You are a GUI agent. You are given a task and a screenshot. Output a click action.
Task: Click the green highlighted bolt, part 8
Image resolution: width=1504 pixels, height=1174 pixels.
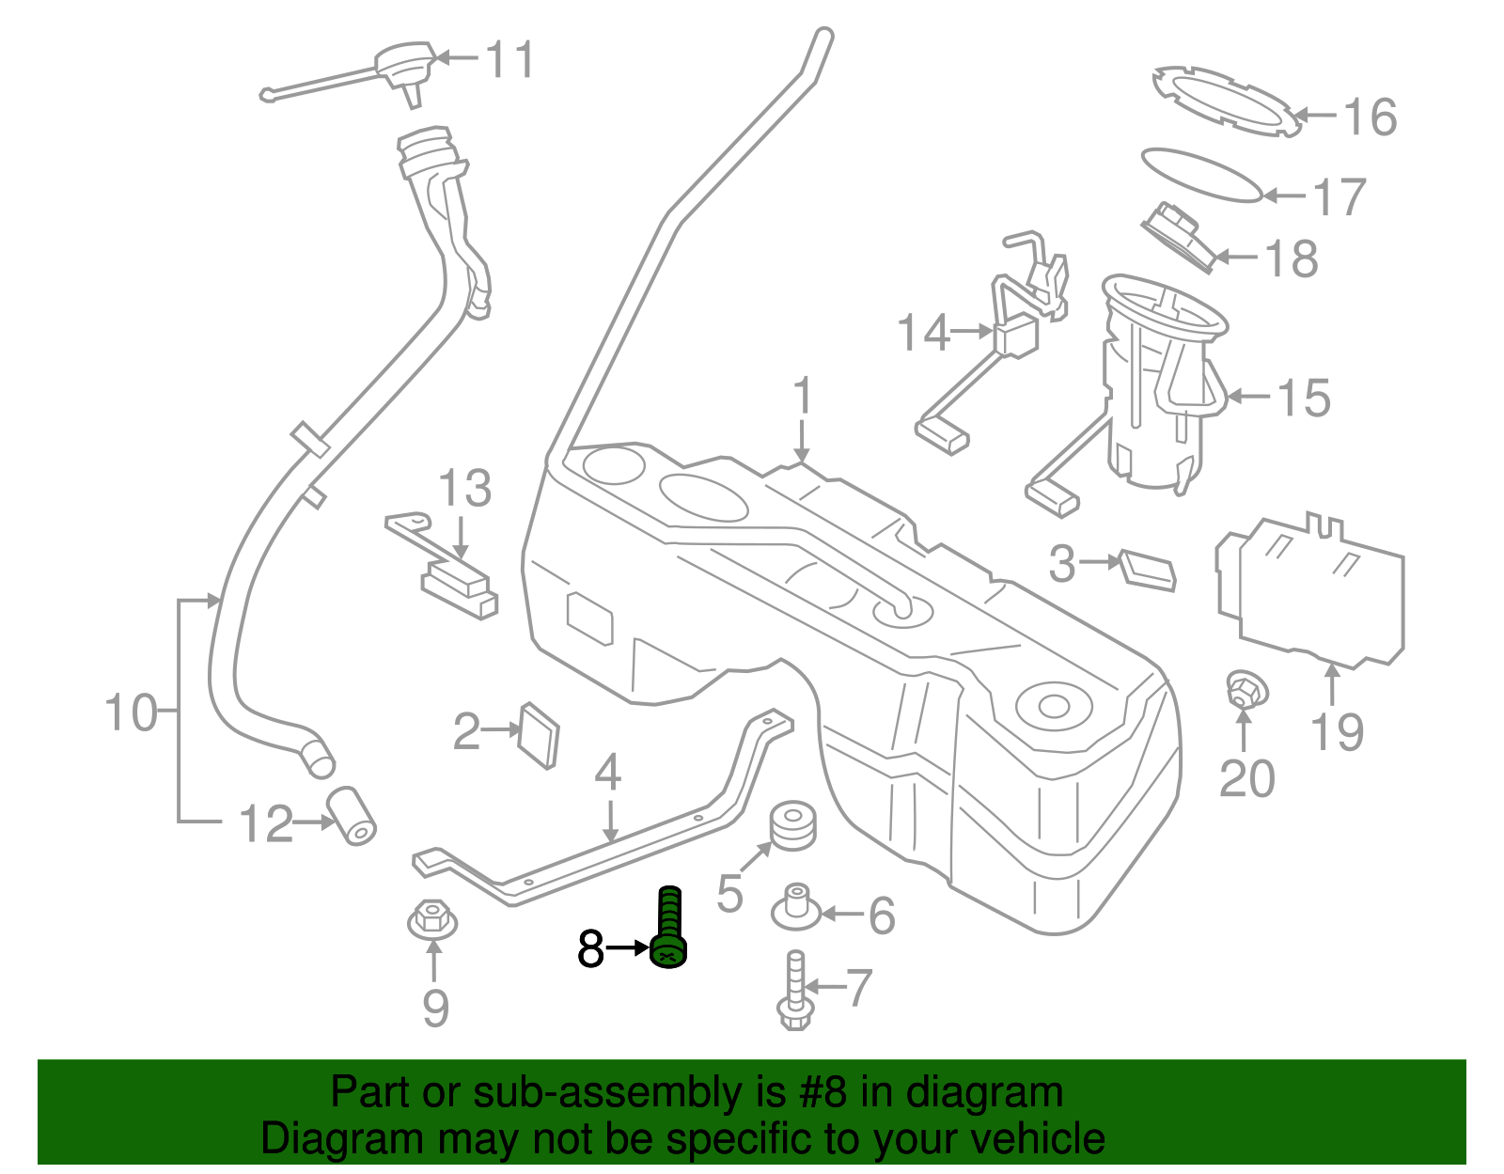point(668,931)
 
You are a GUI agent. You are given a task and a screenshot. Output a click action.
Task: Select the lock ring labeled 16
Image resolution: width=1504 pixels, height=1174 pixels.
point(1227,100)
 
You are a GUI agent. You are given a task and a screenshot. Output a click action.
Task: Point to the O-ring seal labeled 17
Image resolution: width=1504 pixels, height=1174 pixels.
point(1200,174)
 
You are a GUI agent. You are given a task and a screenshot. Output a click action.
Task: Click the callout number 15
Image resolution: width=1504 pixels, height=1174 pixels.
point(1304,398)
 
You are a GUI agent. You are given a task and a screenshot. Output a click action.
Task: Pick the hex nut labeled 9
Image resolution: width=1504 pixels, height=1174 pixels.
point(432,918)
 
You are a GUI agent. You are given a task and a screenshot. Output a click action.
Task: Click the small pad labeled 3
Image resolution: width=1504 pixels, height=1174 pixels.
point(1148,569)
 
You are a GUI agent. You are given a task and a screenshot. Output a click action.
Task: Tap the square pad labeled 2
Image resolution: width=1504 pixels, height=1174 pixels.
point(539,734)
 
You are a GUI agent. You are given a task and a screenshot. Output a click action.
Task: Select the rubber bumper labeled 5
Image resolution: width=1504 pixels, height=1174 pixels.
point(793,824)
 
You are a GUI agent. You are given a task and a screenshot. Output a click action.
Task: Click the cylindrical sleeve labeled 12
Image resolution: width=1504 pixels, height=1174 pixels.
point(352,815)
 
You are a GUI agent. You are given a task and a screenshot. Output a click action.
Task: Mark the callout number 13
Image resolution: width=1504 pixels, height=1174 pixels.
point(464,490)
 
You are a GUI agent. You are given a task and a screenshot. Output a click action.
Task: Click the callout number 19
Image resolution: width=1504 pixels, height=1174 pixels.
point(1337,731)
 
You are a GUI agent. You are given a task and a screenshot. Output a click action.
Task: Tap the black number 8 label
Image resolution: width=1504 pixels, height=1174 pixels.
point(590,948)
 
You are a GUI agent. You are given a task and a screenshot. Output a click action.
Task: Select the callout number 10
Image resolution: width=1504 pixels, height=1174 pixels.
point(131,712)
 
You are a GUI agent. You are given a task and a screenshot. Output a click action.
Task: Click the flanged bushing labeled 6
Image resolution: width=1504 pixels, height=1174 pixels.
point(797,907)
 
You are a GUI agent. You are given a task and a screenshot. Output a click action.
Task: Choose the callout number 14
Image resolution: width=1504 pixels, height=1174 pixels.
point(923,333)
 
